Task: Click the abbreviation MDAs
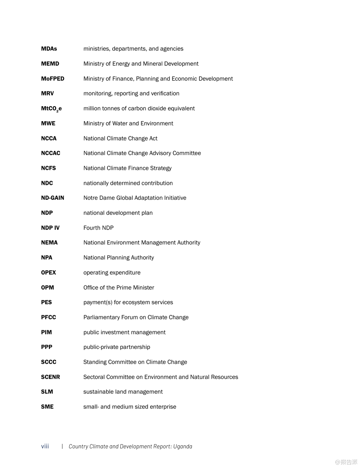[x=49, y=49]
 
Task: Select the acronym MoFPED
[x=52, y=79]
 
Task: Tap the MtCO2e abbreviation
[x=51, y=109]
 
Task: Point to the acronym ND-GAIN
[x=52, y=198]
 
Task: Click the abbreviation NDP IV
[x=50, y=228]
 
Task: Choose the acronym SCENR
[x=50, y=377]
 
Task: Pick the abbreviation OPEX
[x=48, y=272]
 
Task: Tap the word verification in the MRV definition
[x=165, y=94]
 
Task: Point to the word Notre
[x=90, y=198]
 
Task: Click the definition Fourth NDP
[x=98, y=228]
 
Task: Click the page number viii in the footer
[x=45, y=446]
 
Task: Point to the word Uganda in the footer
[x=183, y=446]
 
